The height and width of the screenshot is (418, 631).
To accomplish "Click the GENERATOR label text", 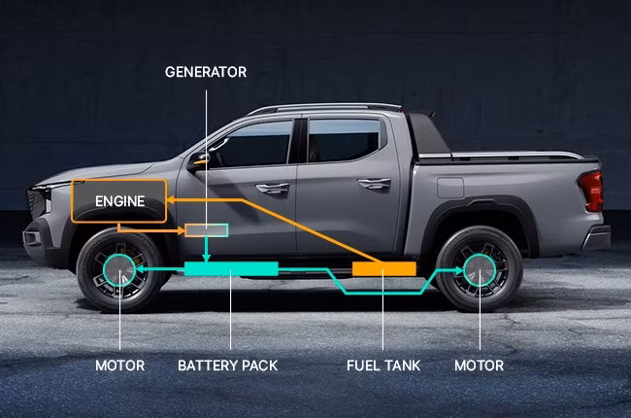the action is pyautogui.click(x=206, y=72).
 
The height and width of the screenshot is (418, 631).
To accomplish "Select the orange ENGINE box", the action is pyautogui.click(x=119, y=200).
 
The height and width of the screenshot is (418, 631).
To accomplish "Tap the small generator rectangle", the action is pyautogui.click(x=207, y=230).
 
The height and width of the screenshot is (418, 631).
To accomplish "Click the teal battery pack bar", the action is pyautogui.click(x=231, y=269).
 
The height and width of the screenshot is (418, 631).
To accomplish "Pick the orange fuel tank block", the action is pyautogui.click(x=383, y=269).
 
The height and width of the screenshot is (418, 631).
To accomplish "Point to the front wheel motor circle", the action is pyautogui.click(x=119, y=269).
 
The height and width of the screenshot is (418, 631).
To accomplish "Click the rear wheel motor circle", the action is pyautogui.click(x=480, y=270).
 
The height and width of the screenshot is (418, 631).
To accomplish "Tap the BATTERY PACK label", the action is pyautogui.click(x=228, y=366).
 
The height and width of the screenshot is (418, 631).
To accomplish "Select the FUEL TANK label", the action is pyautogui.click(x=383, y=366).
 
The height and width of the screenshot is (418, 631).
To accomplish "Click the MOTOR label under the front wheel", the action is pyautogui.click(x=120, y=366).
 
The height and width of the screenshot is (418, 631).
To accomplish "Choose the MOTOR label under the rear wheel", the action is pyautogui.click(x=479, y=366).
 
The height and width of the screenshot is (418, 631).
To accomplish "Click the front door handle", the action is pyautogui.click(x=273, y=188).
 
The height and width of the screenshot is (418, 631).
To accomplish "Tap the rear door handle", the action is pyautogui.click(x=375, y=184).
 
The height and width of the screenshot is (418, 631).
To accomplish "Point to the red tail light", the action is pyautogui.click(x=591, y=192).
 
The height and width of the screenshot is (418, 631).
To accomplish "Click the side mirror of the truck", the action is pyautogui.click(x=200, y=161).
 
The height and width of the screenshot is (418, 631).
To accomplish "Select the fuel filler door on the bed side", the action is pyautogui.click(x=450, y=188).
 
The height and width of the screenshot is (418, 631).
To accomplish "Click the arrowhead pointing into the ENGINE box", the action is pyautogui.click(x=171, y=200).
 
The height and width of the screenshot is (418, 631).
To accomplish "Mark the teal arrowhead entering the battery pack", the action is pyautogui.click(x=207, y=258).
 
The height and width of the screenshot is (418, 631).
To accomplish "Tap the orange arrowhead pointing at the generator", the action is pyautogui.click(x=181, y=230).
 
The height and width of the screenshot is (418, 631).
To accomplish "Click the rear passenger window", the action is pyautogui.click(x=343, y=140).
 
